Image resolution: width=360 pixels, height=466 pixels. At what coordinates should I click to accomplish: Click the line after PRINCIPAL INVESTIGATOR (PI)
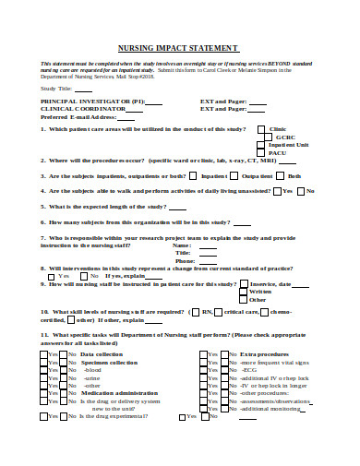154,102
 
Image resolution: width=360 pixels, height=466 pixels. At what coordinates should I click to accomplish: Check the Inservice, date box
245,284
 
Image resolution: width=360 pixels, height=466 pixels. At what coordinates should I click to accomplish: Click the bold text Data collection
102,354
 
